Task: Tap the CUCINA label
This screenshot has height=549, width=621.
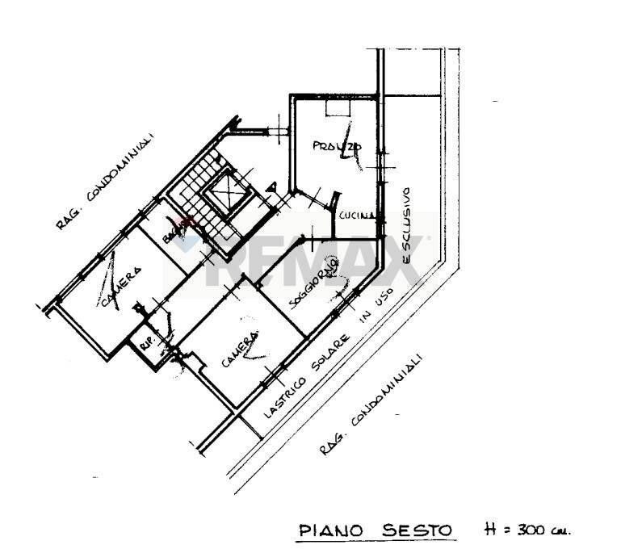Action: tap(355, 216)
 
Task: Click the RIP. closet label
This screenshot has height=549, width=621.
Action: tap(148, 342)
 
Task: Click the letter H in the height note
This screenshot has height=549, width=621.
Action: tap(489, 530)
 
